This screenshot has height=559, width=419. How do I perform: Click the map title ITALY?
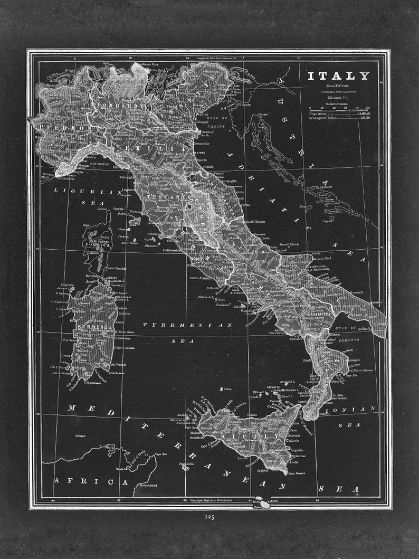click(339, 76)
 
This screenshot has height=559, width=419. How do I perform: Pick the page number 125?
click(209, 518)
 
